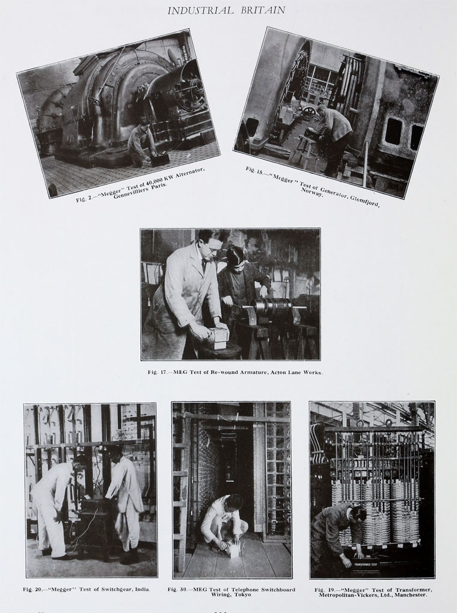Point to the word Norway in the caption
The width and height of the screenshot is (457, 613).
(312, 192)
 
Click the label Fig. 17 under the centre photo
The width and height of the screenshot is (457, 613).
(157, 372)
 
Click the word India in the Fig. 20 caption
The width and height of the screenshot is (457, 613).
(143, 589)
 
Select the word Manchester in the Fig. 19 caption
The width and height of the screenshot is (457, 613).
(411, 594)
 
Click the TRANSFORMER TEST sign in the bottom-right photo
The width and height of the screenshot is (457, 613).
(366, 564)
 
